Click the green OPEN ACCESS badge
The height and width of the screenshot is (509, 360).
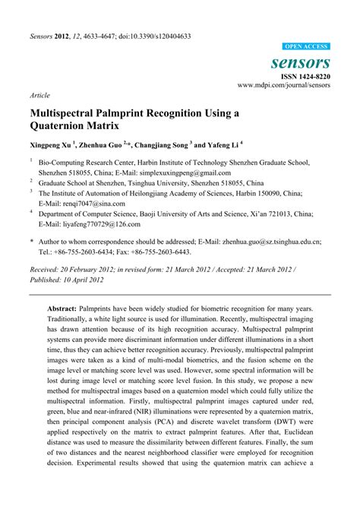(306, 46)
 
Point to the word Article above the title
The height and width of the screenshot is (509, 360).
(40, 96)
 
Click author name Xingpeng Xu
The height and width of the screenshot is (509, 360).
(55, 144)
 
